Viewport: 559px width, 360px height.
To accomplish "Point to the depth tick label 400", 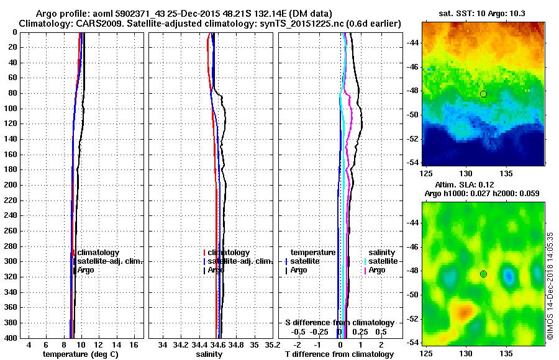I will [9, 338].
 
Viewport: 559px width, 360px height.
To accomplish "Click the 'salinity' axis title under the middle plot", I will [209, 354].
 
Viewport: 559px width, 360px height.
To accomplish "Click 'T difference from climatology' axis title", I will [340, 354].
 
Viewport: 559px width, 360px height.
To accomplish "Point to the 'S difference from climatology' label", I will [340, 323].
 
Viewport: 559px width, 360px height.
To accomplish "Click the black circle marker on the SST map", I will [483, 94].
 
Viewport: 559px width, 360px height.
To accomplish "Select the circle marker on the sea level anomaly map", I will [483, 274].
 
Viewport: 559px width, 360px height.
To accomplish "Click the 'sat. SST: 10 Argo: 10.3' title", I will [483, 13].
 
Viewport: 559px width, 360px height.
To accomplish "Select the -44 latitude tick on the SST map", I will [413, 42].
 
